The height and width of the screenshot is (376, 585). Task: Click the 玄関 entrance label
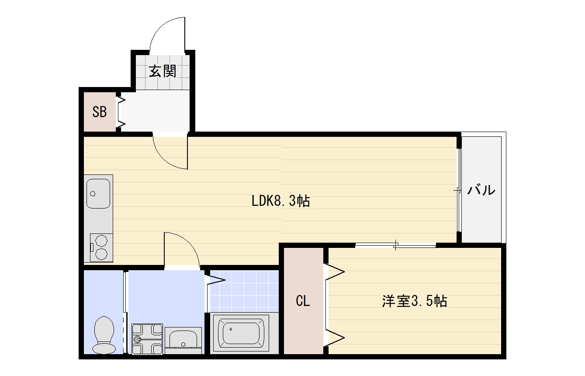point(163,71)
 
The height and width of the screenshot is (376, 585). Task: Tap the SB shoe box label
point(100,112)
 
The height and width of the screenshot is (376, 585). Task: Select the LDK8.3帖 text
point(281,201)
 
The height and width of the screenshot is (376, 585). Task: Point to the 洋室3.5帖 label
point(415,301)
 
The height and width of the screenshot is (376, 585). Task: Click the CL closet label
point(303,301)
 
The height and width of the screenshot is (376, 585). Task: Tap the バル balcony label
point(481,190)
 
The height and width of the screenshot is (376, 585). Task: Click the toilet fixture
point(104,335)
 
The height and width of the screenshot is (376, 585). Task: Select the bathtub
point(241,333)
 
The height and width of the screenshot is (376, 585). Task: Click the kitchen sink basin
point(98,194)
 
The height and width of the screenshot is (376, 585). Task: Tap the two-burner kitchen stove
point(101,248)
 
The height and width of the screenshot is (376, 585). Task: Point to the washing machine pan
point(147,339)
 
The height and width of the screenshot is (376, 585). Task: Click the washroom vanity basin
point(183,341)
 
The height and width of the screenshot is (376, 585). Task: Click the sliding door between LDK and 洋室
point(396,245)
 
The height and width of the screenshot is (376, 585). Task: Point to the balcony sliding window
point(459,190)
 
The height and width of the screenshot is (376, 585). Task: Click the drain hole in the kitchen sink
point(93,194)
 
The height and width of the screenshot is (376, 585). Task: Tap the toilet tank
point(104,348)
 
